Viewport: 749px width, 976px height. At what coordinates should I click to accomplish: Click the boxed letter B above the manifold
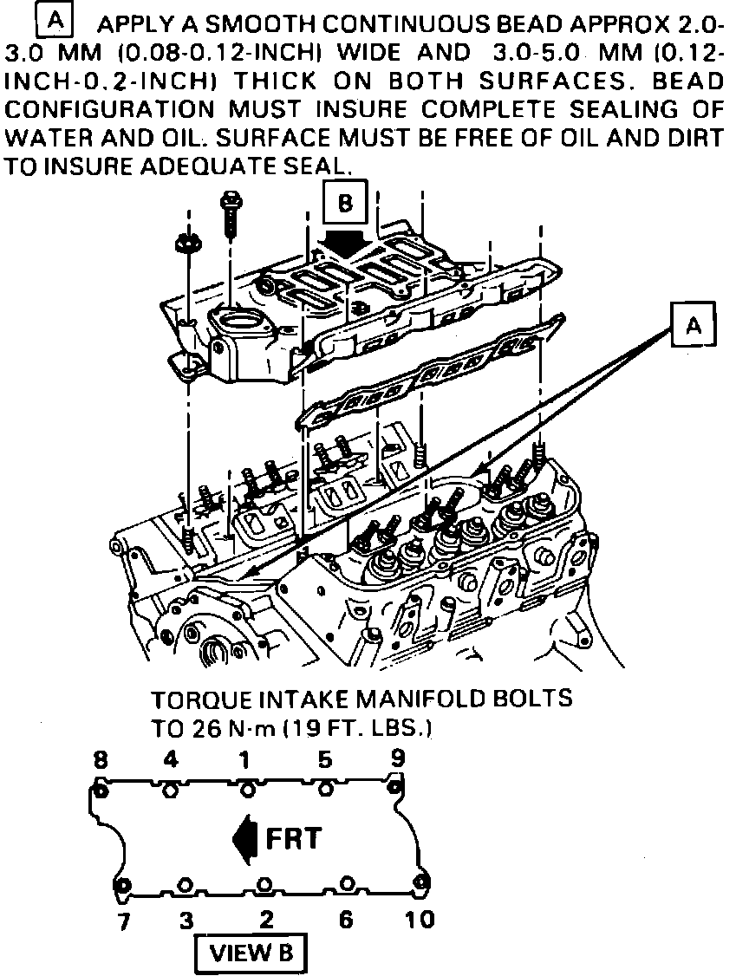(x=346, y=204)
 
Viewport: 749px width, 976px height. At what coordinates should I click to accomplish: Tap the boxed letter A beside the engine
(x=693, y=325)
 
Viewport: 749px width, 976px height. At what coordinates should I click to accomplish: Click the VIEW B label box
(x=250, y=953)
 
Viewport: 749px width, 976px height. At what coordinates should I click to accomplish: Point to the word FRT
(x=292, y=839)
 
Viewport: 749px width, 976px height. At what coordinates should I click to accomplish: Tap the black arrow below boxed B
(x=346, y=243)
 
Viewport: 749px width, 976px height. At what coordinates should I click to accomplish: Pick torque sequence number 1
(x=245, y=761)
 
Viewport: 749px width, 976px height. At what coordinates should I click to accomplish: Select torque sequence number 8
(x=101, y=761)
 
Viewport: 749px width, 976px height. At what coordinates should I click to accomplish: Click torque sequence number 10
(x=420, y=920)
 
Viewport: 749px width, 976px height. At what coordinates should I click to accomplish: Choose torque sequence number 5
(x=325, y=761)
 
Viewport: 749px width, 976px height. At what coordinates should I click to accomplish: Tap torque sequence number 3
(x=186, y=921)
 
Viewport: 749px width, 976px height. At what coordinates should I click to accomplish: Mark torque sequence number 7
(x=124, y=921)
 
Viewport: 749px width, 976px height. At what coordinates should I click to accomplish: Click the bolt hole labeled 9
(x=394, y=787)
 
